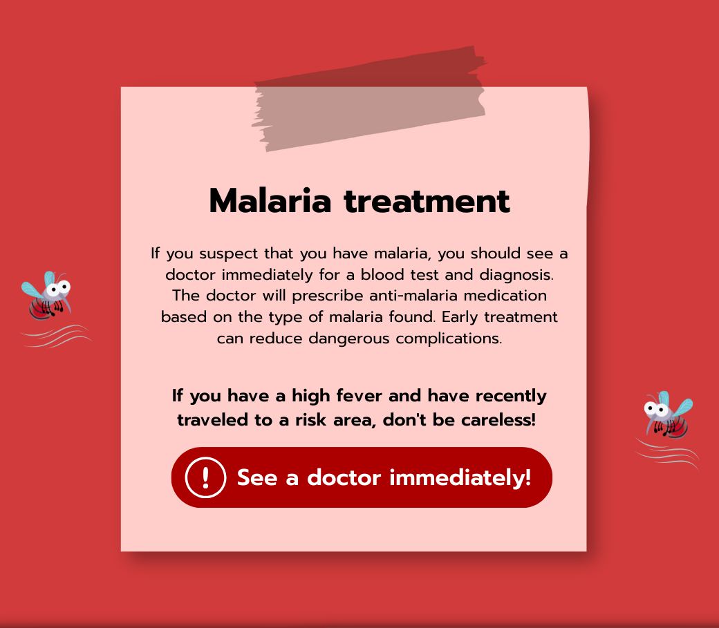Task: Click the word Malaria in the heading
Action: [x=270, y=201]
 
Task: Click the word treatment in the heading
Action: [x=427, y=202]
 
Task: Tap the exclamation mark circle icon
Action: [x=205, y=477]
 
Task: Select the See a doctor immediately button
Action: [x=362, y=477]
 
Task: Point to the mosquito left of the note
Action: [x=47, y=296]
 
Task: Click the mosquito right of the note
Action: [x=668, y=415]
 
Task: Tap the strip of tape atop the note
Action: [x=369, y=98]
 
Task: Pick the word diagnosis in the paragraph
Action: [x=516, y=274]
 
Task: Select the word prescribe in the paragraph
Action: [x=328, y=296]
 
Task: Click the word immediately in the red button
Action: [x=460, y=477]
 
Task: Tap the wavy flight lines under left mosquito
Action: [x=56, y=336]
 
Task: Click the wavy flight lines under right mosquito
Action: [x=667, y=454]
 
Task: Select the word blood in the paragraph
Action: [x=382, y=274]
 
